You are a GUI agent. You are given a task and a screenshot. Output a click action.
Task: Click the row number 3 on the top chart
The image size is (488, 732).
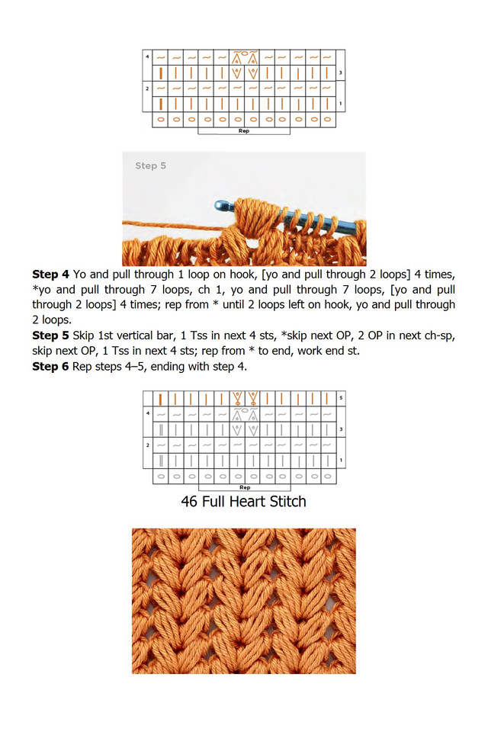[340, 73]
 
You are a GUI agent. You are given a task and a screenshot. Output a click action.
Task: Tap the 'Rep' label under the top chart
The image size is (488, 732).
[244, 131]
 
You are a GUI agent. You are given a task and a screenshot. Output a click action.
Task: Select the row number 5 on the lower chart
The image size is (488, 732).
[341, 398]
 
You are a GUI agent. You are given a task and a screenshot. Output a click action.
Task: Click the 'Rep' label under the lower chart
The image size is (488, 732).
[245, 487]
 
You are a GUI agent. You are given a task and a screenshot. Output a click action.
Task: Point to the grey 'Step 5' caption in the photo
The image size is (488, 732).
[150, 165]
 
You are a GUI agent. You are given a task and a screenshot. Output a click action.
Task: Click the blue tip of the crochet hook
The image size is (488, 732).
[222, 205]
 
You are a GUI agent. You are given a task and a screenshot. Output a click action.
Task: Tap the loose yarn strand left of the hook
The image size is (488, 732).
[168, 222]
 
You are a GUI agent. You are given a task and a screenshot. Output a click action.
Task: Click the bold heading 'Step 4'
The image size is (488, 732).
[50, 273]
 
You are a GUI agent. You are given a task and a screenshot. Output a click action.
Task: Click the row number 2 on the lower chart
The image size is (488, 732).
[147, 444]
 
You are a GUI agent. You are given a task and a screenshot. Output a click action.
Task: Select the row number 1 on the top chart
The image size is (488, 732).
[340, 104]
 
